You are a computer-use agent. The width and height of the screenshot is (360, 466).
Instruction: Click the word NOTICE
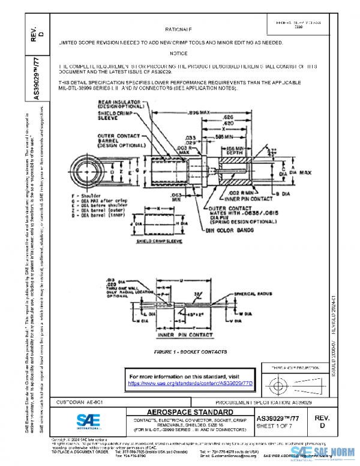pyautogui.click(x=178, y=54)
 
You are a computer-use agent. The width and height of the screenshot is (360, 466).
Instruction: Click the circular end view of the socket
pyautogui.click(x=85, y=171)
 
